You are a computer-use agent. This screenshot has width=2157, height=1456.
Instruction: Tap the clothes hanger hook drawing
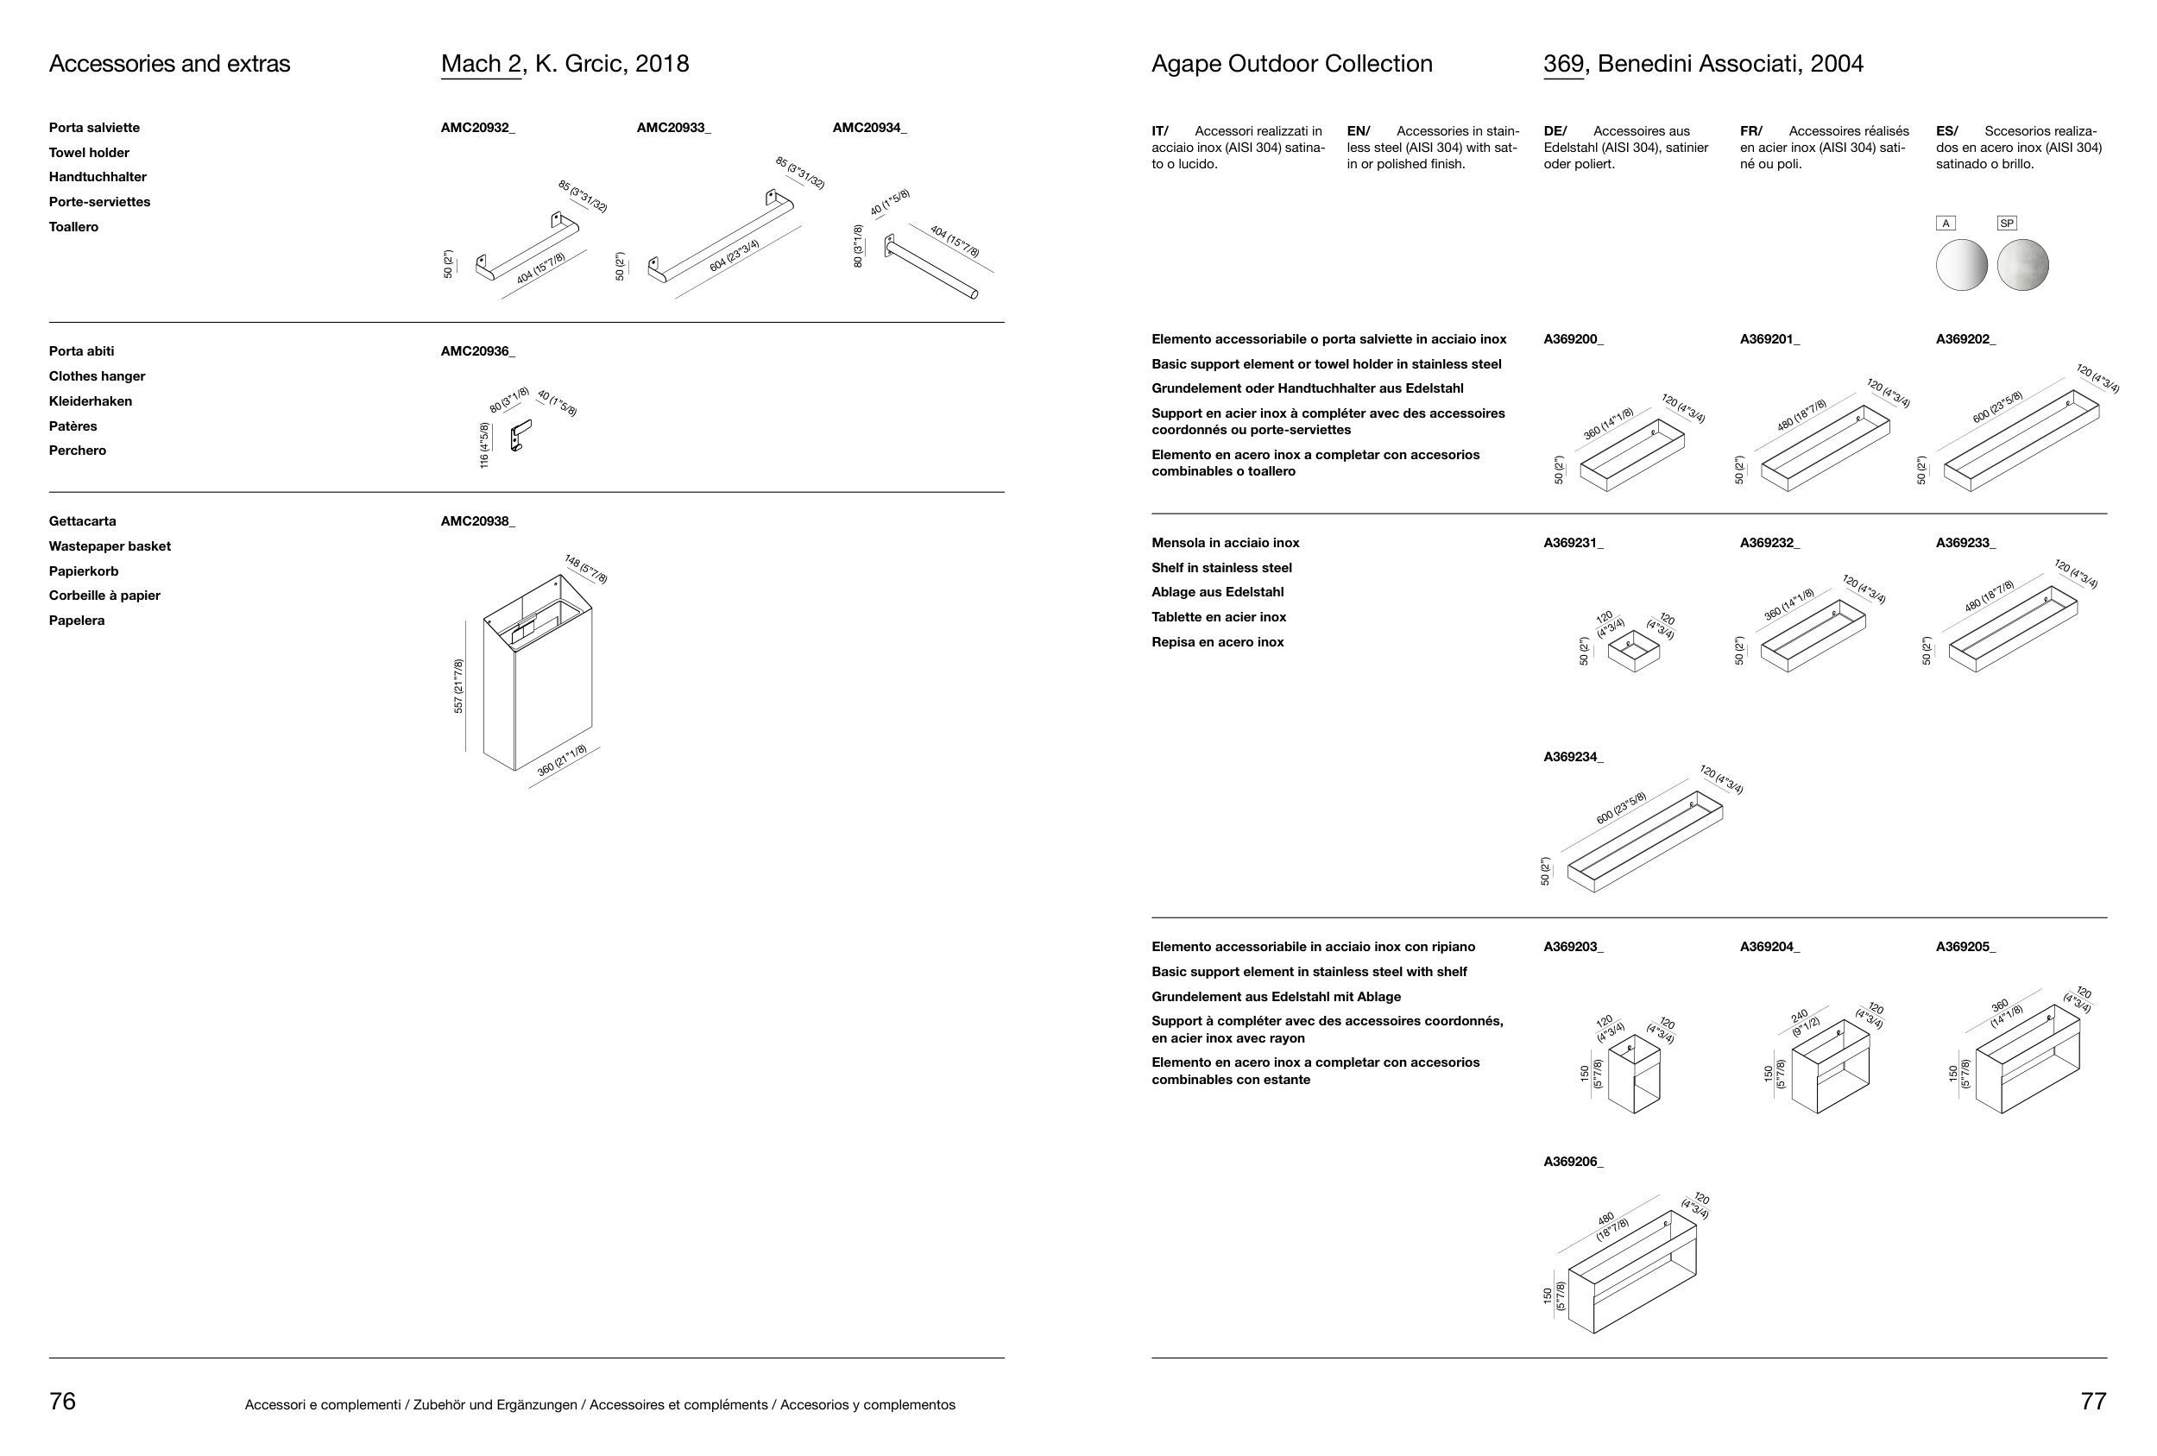520,435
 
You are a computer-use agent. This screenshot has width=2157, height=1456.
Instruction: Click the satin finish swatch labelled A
1961,264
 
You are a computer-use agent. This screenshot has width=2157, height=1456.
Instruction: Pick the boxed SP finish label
2007,224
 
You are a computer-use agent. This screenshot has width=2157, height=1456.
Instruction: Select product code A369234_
1574,757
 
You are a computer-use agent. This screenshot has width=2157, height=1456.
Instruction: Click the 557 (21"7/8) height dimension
458,686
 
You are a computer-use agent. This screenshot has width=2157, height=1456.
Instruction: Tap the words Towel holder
89,153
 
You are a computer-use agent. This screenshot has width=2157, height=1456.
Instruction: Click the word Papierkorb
84,571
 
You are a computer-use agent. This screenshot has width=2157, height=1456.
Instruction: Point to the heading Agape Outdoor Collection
1291,64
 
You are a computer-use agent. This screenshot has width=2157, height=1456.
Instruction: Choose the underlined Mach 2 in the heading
481,64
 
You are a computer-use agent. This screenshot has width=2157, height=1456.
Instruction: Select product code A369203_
1574,948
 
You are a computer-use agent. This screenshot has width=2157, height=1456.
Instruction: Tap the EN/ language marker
1358,132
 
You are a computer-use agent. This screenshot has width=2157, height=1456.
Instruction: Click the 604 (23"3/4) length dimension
735,256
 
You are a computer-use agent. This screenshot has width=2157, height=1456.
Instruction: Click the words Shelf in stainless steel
1221,568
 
